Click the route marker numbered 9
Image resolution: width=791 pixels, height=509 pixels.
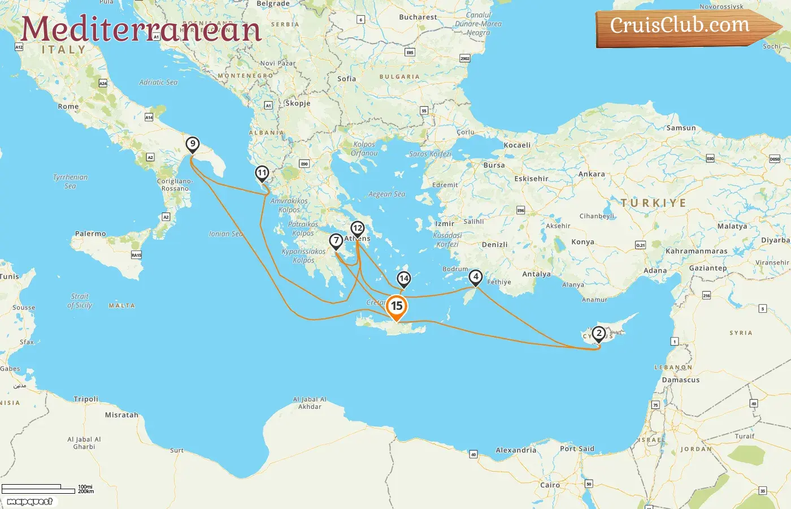click(193, 144)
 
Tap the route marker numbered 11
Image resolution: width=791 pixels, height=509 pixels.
click(262, 173)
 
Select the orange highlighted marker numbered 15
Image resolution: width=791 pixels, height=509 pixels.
click(397, 307)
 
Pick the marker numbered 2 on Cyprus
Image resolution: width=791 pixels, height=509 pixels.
click(599, 333)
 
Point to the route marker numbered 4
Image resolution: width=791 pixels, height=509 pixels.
click(476, 277)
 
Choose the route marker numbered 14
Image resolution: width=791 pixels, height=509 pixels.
click(403, 278)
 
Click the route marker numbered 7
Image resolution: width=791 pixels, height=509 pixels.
click(336, 241)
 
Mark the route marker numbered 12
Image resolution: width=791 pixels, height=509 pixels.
click(357, 228)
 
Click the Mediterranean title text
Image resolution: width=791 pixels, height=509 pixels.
click(141, 29)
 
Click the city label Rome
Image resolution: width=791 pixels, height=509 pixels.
click(68, 106)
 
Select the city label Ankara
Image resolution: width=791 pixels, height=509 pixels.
click(592, 174)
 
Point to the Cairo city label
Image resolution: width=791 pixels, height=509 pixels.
click(550, 485)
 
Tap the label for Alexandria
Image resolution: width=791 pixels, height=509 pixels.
click(516, 450)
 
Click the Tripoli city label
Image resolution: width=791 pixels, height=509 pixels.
click(86, 399)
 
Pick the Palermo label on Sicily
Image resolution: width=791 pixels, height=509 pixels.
click(90, 234)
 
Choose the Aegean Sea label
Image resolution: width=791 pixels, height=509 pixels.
click(386, 194)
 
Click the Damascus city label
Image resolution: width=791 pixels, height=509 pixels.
click(681, 380)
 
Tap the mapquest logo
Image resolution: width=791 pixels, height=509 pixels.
click(29, 502)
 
